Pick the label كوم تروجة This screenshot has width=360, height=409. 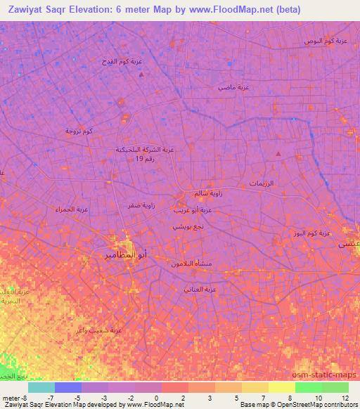click(x=79, y=131)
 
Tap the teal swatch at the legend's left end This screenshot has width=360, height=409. click(x=41, y=387)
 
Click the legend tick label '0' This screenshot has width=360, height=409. click(x=155, y=398)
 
